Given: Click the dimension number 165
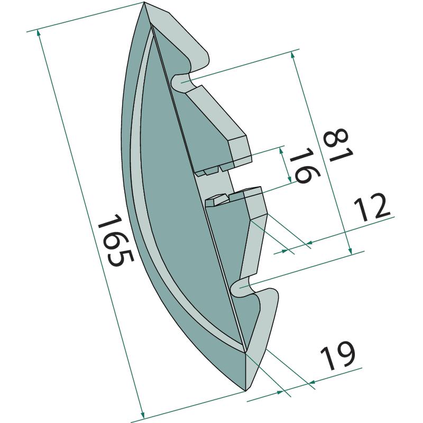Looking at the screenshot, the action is click(115, 240).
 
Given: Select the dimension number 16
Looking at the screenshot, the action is click(305, 165).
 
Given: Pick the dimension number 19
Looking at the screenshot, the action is click(338, 356).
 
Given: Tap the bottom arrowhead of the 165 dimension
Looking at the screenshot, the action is click(142, 415).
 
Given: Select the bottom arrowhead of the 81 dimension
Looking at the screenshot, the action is click(350, 251).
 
